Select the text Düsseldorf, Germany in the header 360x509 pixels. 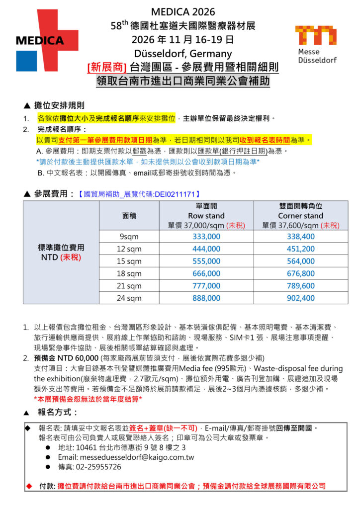point(182,53)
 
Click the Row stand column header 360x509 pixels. point(206,216)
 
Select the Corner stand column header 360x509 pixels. point(300,216)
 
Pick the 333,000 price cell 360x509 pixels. point(206,237)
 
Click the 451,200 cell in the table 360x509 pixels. point(300,249)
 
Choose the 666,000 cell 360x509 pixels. point(206,274)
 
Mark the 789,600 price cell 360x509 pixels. point(300,286)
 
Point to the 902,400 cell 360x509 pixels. point(300,298)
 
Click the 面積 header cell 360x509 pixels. point(129,216)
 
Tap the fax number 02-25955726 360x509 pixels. point(98,467)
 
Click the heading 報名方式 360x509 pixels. point(58,412)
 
